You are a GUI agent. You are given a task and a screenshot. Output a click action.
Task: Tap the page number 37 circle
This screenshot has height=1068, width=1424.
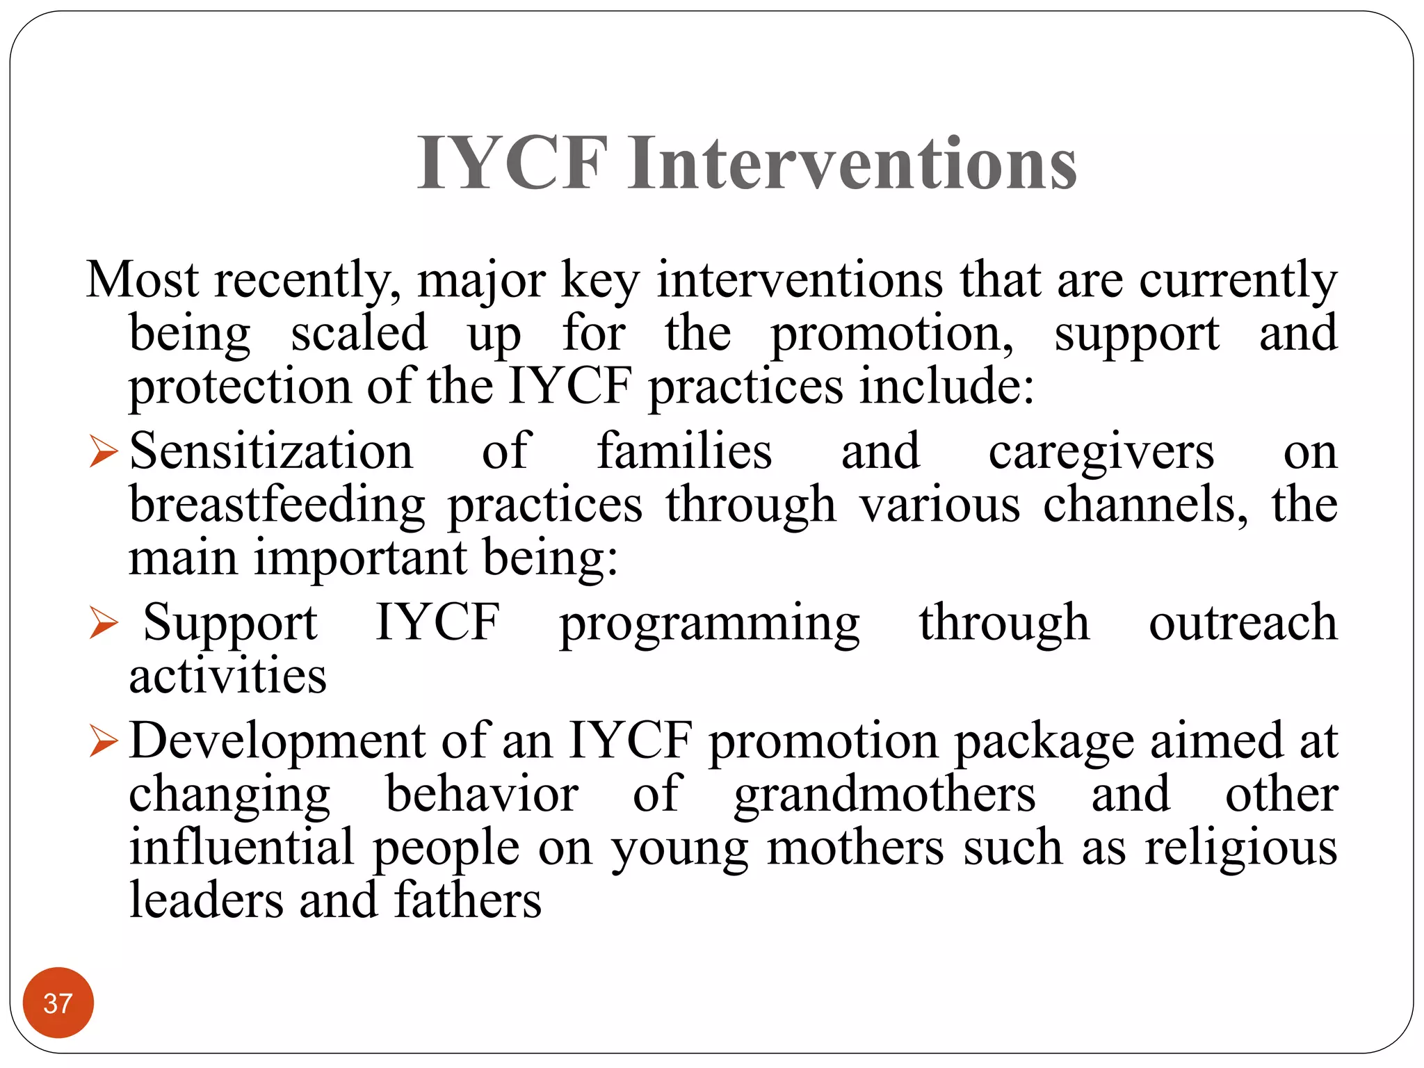tap(58, 1003)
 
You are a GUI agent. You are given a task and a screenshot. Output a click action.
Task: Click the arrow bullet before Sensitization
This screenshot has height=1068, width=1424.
tap(104, 451)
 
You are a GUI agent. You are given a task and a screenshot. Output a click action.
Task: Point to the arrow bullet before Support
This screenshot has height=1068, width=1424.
tap(104, 622)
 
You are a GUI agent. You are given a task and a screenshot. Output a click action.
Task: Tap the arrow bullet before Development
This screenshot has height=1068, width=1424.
tap(104, 741)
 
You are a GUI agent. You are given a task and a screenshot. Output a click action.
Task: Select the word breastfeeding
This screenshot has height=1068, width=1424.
tap(277, 505)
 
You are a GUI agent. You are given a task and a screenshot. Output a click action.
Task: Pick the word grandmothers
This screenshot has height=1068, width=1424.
tap(884, 795)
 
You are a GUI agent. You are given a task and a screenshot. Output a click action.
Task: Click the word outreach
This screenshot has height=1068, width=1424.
tap(1243, 622)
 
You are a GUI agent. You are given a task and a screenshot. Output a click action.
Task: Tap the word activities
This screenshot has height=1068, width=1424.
tap(227, 675)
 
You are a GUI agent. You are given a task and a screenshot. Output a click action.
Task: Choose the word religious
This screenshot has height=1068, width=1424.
tap(1240, 848)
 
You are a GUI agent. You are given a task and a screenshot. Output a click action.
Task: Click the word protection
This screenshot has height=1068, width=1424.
tap(239, 387)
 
